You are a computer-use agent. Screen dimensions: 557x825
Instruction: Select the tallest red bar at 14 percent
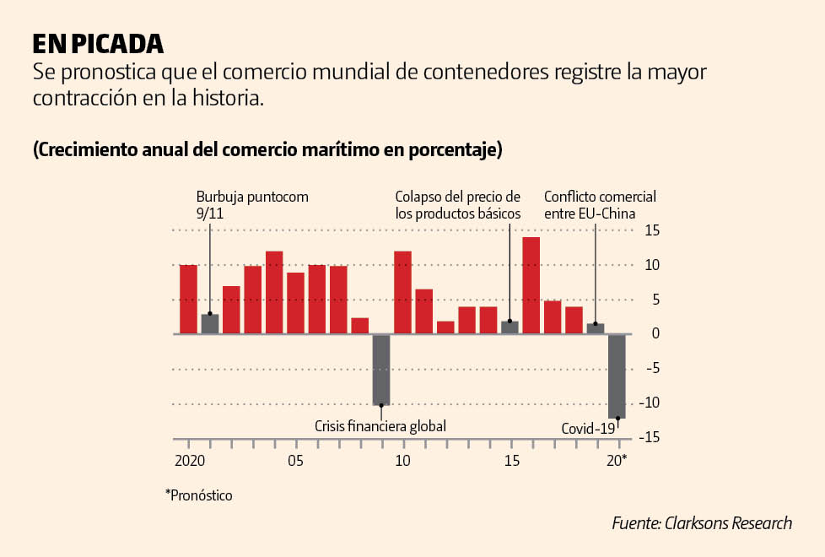pyautogui.click(x=531, y=285)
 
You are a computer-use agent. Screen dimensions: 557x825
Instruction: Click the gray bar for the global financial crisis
pyautogui.click(x=381, y=370)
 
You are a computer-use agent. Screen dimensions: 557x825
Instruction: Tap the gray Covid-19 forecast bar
pyautogui.click(x=617, y=376)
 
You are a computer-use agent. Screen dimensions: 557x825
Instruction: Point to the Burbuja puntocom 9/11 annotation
pyautogui.click(x=252, y=205)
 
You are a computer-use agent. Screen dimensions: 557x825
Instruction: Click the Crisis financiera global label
pyautogui.click(x=380, y=425)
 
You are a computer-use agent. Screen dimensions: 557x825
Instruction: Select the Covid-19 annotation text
pyautogui.click(x=588, y=429)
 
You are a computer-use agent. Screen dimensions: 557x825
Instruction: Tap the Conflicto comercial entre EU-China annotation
pyautogui.click(x=600, y=205)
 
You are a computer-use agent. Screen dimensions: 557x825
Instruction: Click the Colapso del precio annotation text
pyautogui.click(x=458, y=205)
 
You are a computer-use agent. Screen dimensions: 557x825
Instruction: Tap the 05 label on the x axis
pyautogui.click(x=295, y=461)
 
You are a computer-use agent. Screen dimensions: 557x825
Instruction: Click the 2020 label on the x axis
pyautogui.click(x=191, y=461)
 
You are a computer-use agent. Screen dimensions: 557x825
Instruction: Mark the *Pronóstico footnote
pyautogui.click(x=198, y=495)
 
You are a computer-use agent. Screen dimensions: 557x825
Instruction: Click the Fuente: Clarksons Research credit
pyautogui.click(x=702, y=523)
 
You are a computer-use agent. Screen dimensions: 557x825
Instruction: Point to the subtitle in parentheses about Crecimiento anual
pyautogui.click(x=267, y=150)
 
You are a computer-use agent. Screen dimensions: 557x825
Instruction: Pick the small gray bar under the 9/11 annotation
pyautogui.click(x=210, y=324)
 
